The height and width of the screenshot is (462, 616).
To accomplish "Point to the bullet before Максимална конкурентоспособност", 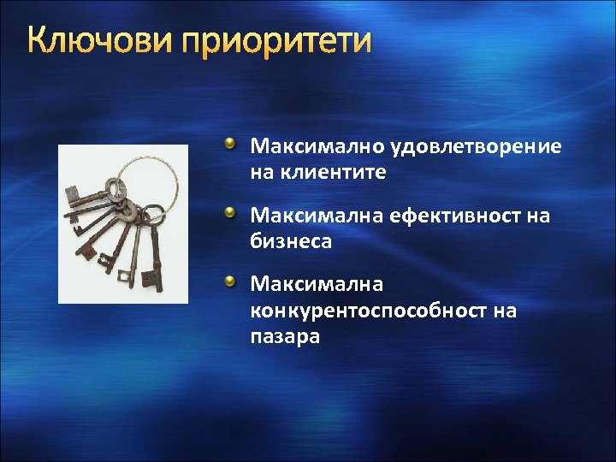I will click(x=230, y=281).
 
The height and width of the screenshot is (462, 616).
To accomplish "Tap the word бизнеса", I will click(x=291, y=242).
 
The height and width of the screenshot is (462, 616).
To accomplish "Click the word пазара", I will click(x=285, y=336).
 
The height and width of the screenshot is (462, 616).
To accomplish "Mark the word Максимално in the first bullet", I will click(x=317, y=147).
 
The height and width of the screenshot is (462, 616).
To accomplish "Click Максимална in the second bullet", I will click(x=315, y=217).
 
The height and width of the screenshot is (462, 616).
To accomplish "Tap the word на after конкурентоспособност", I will click(x=505, y=311).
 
